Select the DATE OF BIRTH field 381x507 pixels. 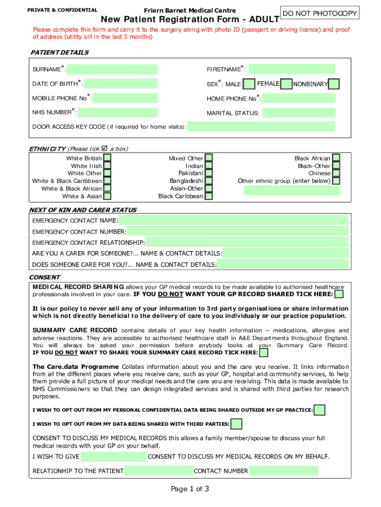pos(121,84)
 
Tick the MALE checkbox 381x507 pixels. pos(250,84)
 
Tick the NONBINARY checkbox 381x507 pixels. pos(334,84)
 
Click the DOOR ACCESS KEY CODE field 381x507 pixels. pos(261,127)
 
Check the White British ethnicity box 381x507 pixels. pos(107,158)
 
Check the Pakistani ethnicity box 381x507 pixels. pos(208,173)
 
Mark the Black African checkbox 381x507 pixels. pos(336,158)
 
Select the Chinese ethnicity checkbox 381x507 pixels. pos(336,173)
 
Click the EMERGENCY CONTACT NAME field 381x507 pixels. pos(234,220)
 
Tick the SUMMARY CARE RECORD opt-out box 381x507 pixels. pos(264,353)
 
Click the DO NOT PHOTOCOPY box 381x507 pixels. pos(320,13)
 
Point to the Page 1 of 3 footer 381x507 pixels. pos(190,489)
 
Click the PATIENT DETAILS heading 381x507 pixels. pos(60,52)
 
